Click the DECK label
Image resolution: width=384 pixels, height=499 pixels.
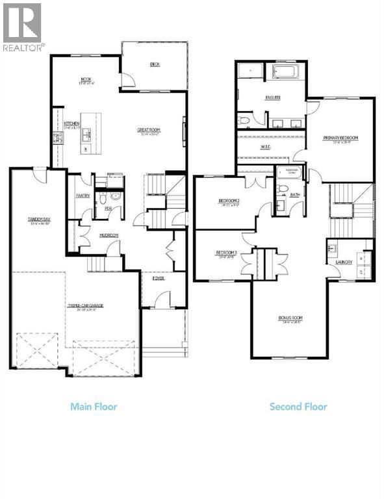click(155, 64)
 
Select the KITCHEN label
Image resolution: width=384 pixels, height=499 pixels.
click(71, 123)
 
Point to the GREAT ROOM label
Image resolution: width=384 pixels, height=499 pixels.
click(149, 130)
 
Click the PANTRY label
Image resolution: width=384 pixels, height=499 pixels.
click(83, 196)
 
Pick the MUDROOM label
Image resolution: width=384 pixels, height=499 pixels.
click(108, 235)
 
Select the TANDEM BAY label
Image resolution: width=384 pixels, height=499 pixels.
click(39, 220)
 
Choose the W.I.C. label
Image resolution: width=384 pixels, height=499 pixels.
click(265, 147)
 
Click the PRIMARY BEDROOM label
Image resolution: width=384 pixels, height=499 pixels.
click(341, 138)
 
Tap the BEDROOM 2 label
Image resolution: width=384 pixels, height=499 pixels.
click(229, 201)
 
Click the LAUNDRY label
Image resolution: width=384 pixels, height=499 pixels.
click(344, 262)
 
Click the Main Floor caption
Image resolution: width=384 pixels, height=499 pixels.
click(94, 407)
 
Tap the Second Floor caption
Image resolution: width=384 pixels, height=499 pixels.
click(298, 407)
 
